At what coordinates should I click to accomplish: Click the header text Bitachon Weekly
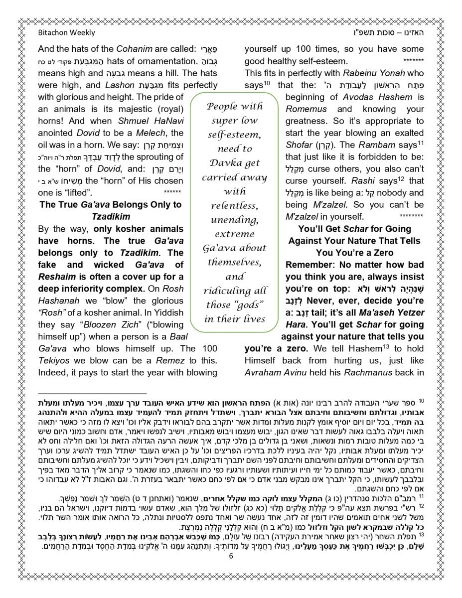66,33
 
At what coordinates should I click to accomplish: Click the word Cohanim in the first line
132,50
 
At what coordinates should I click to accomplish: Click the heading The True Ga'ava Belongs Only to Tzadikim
111,211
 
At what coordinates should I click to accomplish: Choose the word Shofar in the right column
299,145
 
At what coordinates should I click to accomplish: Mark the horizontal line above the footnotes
92,393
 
